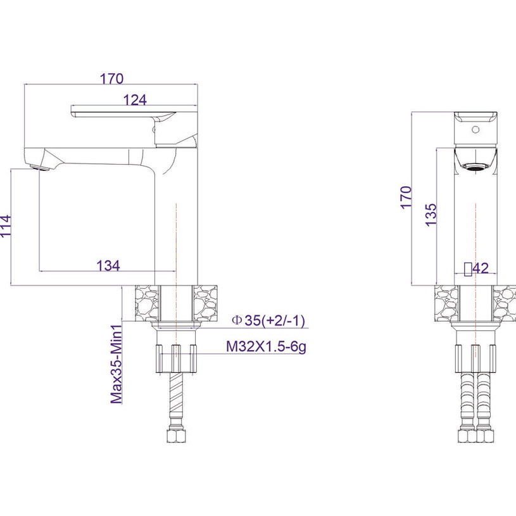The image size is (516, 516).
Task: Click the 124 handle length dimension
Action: (135, 100)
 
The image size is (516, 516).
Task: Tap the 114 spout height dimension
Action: (6, 225)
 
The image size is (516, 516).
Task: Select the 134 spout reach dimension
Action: (108, 265)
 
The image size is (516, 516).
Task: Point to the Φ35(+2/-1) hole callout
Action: (268, 320)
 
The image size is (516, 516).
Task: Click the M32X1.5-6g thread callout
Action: (266, 346)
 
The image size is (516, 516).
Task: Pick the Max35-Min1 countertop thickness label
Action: (116, 364)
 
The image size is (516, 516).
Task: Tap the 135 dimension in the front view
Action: (431, 215)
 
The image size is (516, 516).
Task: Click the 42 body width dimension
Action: (481, 268)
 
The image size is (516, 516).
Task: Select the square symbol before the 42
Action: (468, 269)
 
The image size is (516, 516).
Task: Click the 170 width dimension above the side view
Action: (111, 79)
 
